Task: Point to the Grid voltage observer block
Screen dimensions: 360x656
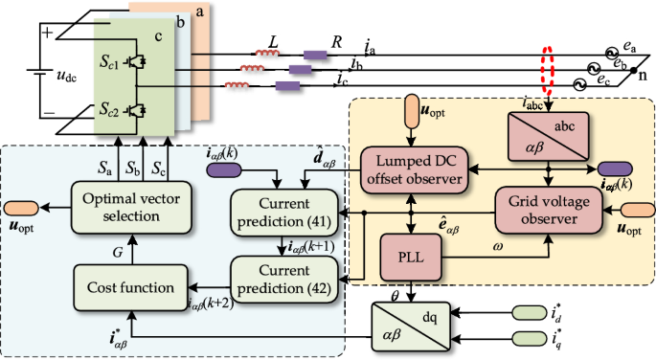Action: click(549, 208)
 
